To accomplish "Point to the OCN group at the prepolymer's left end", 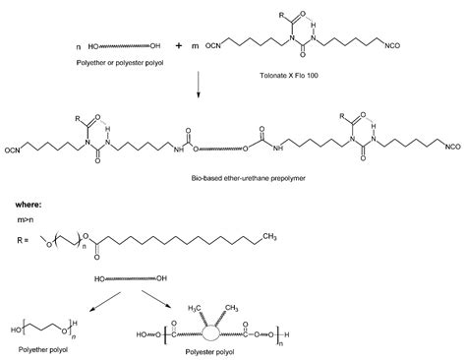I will (13, 149).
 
